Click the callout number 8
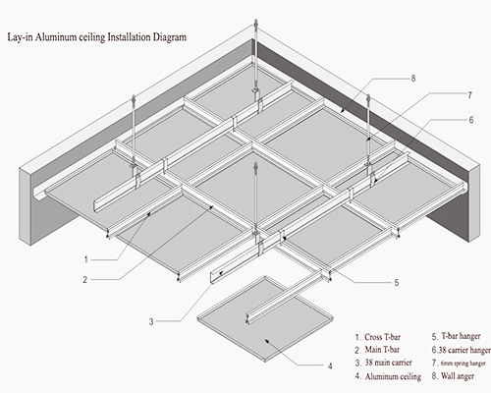click(413, 79)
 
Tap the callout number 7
click(470, 95)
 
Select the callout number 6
click(471, 120)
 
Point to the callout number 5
click(397, 282)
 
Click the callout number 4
click(330, 365)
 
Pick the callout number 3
click(151, 321)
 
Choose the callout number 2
click(85, 280)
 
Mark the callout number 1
click(86, 259)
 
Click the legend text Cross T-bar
click(382, 337)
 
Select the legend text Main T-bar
click(382, 350)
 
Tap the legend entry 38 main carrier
click(388, 363)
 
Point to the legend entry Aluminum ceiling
click(393, 376)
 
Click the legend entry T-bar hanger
click(461, 336)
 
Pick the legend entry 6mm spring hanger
click(464, 364)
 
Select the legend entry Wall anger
click(458, 376)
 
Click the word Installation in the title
click(130, 37)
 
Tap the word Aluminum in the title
click(56, 37)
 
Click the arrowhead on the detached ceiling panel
click(267, 342)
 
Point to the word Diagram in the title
click(170, 37)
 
